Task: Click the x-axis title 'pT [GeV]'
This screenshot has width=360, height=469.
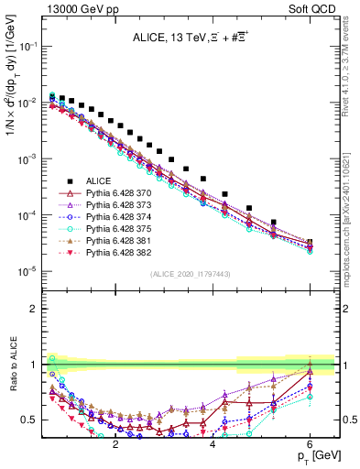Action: tap(313, 455)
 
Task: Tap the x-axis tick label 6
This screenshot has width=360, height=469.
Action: tap(311, 442)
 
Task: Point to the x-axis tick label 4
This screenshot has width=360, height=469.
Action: tap(213, 442)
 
